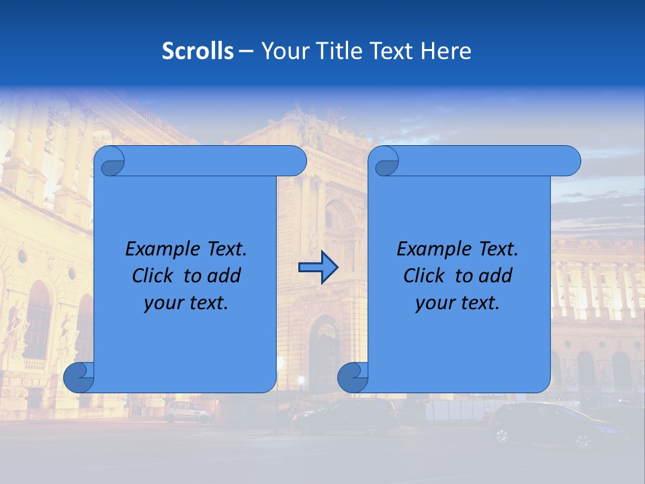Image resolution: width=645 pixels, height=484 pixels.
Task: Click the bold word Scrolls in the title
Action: tap(198, 51)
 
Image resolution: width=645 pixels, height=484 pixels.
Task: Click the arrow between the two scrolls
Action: tap(318, 267)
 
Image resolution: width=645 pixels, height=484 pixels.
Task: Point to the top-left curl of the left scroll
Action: tap(110, 162)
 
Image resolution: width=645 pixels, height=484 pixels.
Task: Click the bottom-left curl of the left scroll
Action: tap(79, 378)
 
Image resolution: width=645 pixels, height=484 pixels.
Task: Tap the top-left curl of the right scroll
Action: tap(385, 162)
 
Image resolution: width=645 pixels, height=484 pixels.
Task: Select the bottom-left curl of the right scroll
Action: tap(353, 378)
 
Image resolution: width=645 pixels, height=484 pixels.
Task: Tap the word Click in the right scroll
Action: tap(424, 276)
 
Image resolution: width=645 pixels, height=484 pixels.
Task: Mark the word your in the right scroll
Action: tap(434, 303)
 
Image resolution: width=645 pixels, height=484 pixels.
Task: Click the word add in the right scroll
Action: tap(497, 276)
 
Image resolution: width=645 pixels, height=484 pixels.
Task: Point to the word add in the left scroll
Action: tap(225, 276)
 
